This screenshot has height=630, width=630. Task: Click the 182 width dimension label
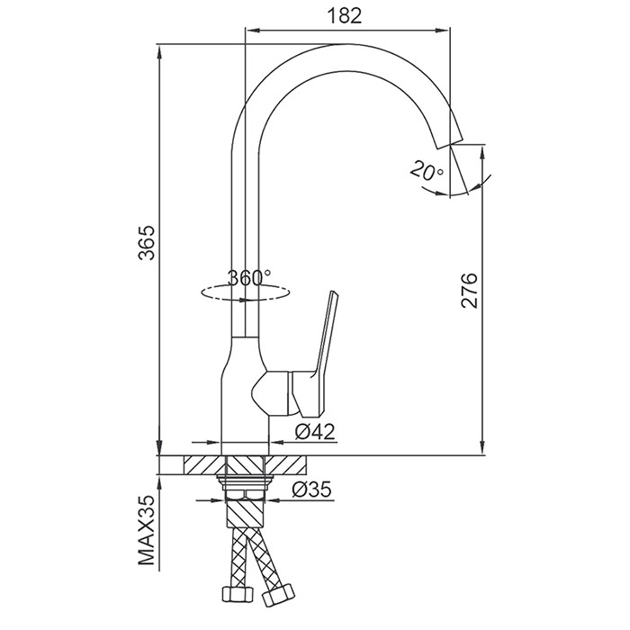click(345, 16)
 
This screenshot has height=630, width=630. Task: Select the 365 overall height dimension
click(146, 242)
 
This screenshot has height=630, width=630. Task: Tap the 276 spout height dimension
click(469, 291)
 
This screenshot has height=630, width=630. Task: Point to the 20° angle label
click(427, 171)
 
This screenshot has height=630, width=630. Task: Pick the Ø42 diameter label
click(315, 432)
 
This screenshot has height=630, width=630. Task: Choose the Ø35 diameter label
click(312, 490)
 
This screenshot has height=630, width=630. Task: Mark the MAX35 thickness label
click(146, 530)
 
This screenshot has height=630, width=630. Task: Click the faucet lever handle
click(318, 354)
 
